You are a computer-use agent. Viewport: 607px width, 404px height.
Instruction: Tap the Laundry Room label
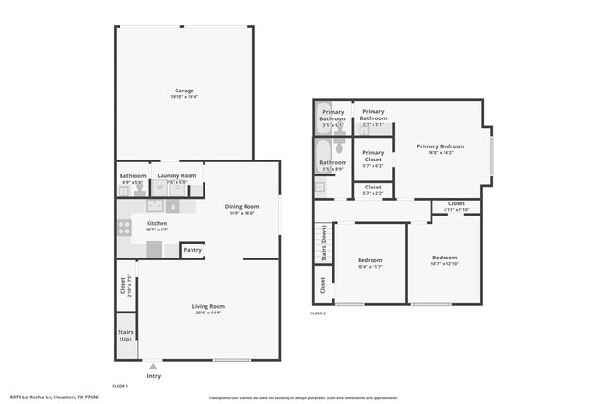[x=176, y=175]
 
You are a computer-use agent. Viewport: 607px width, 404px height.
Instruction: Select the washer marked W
[x=160, y=188]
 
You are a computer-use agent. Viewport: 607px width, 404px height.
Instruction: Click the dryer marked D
[x=176, y=188]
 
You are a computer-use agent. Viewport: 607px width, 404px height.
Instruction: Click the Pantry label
[x=192, y=250]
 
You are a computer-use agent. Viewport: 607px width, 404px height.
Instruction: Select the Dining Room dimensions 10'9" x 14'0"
[x=240, y=213]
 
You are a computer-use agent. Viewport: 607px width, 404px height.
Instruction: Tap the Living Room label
[x=209, y=306]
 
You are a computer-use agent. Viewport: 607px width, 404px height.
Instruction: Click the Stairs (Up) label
[x=125, y=336]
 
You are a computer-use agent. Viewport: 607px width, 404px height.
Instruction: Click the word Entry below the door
[x=153, y=376]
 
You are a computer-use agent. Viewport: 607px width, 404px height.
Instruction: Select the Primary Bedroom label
[x=440, y=146]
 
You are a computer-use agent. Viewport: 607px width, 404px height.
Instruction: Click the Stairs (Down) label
[x=323, y=244]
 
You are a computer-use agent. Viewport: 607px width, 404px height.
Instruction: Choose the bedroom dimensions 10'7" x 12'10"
[x=445, y=264]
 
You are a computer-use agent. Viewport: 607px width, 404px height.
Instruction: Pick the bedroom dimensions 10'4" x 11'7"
[x=370, y=267]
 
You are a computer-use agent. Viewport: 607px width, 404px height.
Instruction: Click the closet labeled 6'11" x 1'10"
[x=456, y=210]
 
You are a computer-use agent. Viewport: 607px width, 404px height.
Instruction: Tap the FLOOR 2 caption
[x=318, y=313]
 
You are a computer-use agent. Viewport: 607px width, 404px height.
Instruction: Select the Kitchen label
[x=156, y=224]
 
